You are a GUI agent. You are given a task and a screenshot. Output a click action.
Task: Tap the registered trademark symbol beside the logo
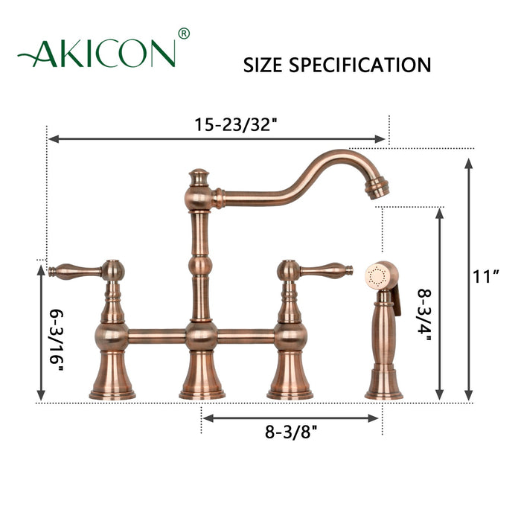tap(184, 33)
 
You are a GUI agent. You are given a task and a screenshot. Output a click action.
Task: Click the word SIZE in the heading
tap(263, 65)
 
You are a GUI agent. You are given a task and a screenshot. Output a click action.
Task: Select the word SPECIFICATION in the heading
tap(361, 65)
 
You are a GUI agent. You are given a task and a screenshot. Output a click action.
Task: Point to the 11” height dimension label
tap(486, 278)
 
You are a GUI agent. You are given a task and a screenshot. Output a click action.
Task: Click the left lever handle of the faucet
tap(74, 269)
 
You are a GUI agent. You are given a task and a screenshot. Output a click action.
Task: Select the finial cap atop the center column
tap(199, 177)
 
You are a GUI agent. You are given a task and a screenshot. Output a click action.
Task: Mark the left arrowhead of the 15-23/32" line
tap(52, 139)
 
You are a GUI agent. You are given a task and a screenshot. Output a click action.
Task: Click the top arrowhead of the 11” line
tap(468, 163)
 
